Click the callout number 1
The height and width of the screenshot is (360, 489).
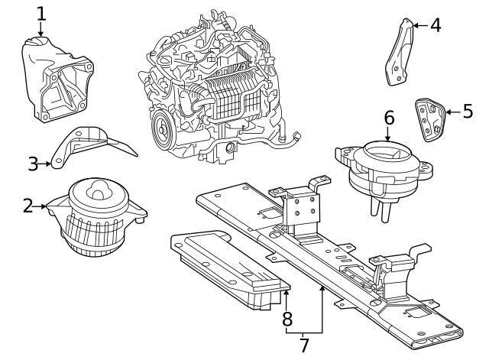coord(41,13)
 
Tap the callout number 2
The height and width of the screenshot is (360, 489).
coord(28,206)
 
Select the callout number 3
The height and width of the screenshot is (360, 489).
coord(33,163)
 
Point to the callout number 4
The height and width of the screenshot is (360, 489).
coord(435,25)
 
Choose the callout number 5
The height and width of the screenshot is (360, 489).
coord(468,112)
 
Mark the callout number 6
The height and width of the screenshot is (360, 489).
coord(388,118)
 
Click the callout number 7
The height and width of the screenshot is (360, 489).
coord(304,345)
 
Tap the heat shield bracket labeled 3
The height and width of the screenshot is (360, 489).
coord(92,145)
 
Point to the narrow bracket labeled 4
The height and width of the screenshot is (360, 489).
coord(397,54)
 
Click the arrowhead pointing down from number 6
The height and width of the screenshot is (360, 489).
coord(388,138)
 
